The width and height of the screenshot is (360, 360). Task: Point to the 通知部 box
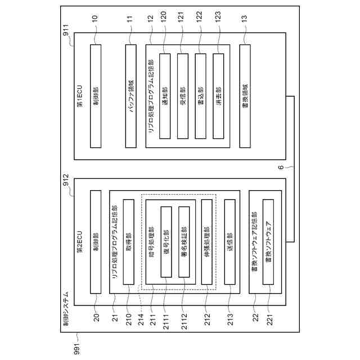click(165, 96)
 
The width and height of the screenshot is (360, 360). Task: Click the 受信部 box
click(183, 96)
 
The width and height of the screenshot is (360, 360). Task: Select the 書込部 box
click(201, 96)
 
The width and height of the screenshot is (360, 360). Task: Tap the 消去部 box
click(219, 96)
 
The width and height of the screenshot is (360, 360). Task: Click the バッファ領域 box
click(131, 96)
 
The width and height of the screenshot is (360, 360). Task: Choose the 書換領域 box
click(245, 96)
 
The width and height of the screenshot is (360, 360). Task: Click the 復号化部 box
click(166, 242)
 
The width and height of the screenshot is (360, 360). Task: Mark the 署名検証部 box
click(184, 242)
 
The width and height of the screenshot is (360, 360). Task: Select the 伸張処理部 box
click(207, 242)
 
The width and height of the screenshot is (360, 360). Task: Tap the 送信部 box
click(229, 242)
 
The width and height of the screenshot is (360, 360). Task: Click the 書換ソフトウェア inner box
click(268, 242)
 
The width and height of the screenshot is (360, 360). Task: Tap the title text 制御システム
click(66, 309)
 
